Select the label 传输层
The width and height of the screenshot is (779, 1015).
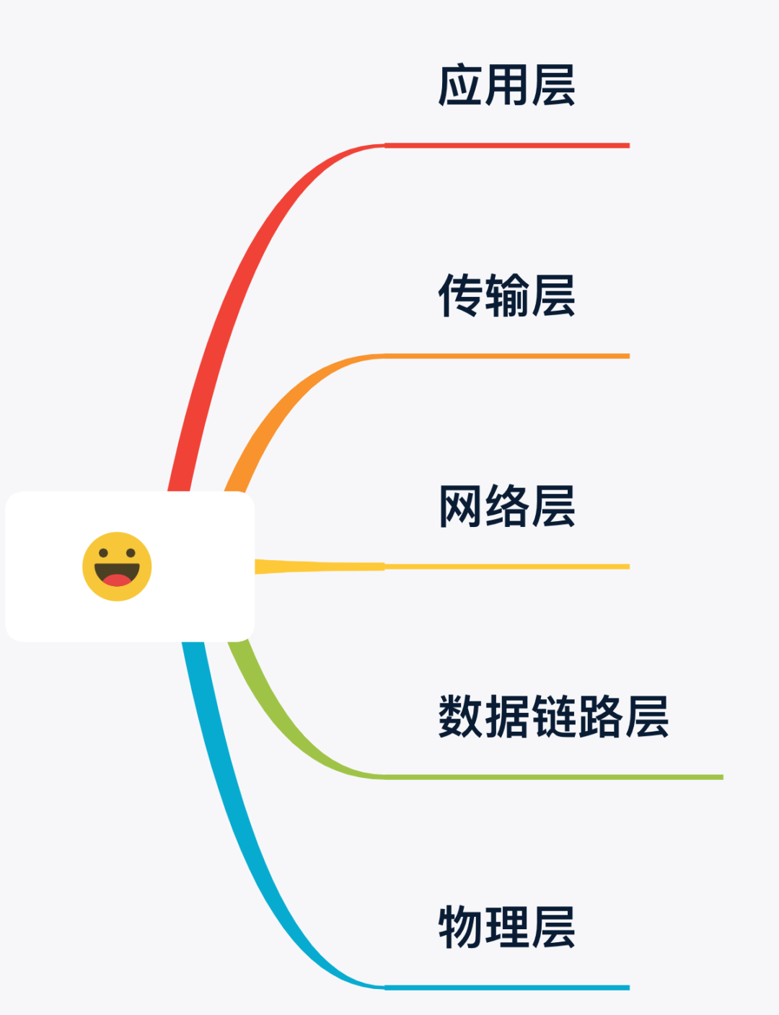tap(506, 296)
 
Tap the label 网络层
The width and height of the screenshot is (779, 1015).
tap(506, 506)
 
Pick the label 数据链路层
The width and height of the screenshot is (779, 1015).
tap(553, 717)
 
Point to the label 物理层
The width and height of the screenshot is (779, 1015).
tap(506, 927)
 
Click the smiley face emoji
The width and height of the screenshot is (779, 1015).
tap(117, 567)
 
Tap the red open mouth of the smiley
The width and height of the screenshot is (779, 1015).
tap(117, 580)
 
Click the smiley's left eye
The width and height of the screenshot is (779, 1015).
tap(103, 553)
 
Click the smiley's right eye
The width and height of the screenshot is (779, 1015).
tap(131, 553)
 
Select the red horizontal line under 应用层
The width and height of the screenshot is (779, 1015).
tap(507, 146)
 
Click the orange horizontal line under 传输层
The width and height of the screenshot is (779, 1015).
tap(507, 356)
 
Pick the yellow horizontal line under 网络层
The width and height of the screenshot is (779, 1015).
tap(507, 567)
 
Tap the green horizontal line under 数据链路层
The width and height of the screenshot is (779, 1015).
tap(554, 777)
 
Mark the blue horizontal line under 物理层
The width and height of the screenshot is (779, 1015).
tap(507, 988)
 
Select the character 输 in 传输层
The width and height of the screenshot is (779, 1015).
tap(506, 296)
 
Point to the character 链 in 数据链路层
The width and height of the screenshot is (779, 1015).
tap(553, 717)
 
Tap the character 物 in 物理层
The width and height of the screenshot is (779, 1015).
tap(460, 927)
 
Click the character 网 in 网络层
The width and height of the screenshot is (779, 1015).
tap(460, 506)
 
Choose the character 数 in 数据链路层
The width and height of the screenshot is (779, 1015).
tap(460, 717)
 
